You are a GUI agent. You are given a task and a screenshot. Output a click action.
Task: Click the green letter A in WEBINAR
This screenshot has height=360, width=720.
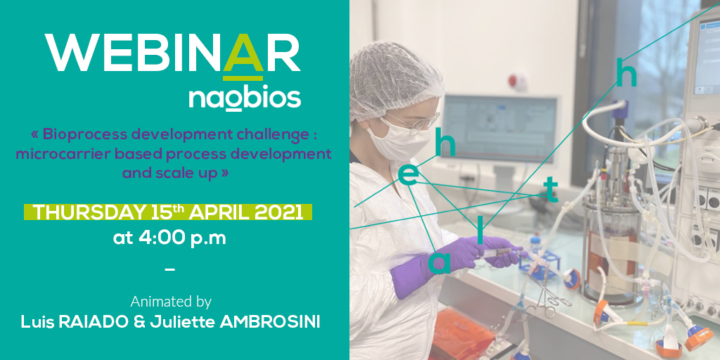pos(243,54)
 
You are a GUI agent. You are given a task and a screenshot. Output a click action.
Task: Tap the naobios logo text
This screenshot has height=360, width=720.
pos(245,97)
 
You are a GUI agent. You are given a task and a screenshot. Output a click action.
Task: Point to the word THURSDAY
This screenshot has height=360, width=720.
pos(89,212)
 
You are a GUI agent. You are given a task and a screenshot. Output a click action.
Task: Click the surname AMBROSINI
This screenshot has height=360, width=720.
pos(270,322)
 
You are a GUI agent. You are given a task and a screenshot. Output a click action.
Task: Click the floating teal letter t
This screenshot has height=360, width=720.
pos(551,190)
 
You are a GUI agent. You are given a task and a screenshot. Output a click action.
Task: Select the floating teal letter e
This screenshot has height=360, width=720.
pos(409,175)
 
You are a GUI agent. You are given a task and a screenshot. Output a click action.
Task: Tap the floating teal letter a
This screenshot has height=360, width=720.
pos(439,263)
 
